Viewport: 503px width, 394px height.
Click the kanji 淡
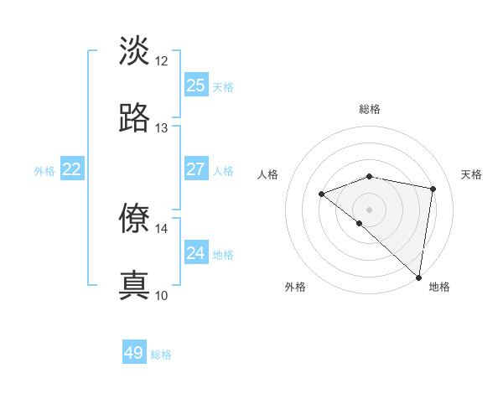tap(134, 51)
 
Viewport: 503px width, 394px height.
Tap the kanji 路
tap(134, 118)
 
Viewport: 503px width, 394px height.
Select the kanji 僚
tap(134, 218)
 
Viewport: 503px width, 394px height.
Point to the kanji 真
tap(134, 285)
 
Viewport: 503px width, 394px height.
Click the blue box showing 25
tap(195, 86)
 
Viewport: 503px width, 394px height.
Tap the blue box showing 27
tap(195, 169)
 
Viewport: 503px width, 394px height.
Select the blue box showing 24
tap(195, 253)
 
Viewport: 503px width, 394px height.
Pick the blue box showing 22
tap(72, 169)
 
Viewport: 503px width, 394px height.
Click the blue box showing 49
tap(134, 353)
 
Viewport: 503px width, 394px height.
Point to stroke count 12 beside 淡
tap(162, 61)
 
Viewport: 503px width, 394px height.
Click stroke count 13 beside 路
tap(162, 128)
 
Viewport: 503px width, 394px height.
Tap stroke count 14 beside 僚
tap(162, 228)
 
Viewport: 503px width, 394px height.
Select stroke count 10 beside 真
tap(162, 295)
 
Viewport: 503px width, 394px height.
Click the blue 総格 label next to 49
tap(161, 355)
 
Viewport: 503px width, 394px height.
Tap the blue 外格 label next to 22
tap(44, 171)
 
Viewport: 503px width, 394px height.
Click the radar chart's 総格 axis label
tap(370, 109)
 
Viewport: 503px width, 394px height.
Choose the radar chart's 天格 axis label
tap(471, 174)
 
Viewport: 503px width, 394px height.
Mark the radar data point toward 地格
tap(418, 277)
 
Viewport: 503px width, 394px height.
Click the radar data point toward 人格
tap(321, 194)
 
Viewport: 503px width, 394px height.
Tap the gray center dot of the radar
tap(370, 209)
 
